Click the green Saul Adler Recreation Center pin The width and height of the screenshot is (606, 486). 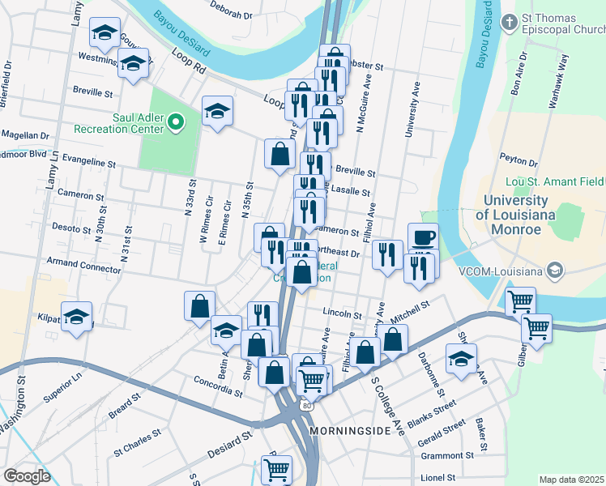click(x=176, y=122)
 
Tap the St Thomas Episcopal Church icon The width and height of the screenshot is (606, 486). click(x=509, y=22)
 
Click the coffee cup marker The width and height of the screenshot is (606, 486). click(x=423, y=237)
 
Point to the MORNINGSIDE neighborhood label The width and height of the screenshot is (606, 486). click(x=350, y=430)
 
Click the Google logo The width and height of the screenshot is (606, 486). click(x=27, y=475)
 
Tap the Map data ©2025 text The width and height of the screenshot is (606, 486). click(x=571, y=480)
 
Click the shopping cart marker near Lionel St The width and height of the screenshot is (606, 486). click(x=277, y=468)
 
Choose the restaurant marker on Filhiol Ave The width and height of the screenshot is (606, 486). click(x=387, y=253)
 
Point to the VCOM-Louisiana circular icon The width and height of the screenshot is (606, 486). click(x=555, y=269)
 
